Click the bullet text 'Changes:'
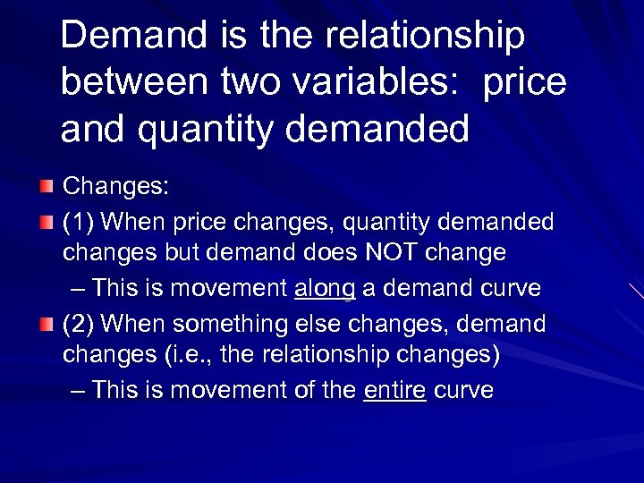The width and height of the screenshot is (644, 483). point(116,187)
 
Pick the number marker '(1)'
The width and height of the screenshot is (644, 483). point(80,221)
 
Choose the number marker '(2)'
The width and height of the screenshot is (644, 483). point(80,324)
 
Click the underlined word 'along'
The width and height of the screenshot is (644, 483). point(325,288)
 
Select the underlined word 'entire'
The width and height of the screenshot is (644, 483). point(394,391)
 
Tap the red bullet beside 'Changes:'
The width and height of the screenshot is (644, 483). point(47,187)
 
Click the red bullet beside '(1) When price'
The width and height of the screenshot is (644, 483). point(47,221)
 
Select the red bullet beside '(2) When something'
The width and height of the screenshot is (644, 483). point(47,324)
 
